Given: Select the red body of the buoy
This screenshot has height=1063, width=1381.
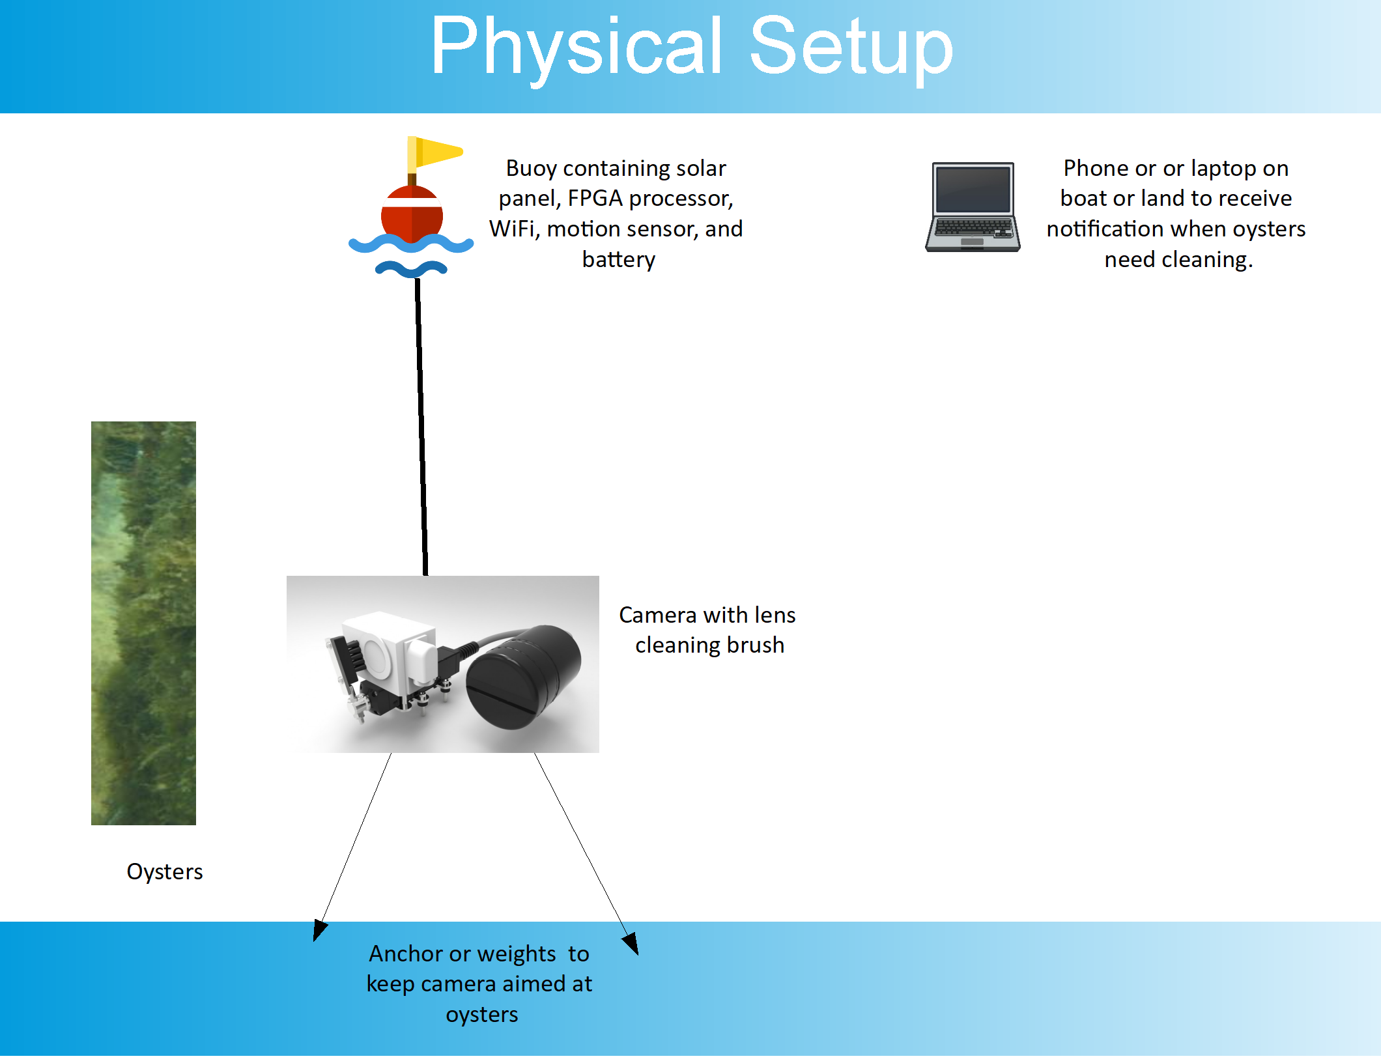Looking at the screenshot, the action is (412, 215).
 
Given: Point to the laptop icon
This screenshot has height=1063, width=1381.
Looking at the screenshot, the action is (973, 206).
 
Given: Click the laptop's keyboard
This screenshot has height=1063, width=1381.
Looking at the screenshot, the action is (973, 228).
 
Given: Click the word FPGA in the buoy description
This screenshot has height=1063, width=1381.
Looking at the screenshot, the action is (595, 198).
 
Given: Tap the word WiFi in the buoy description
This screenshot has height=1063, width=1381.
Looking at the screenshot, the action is (513, 229).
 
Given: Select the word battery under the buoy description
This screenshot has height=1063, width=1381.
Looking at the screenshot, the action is (619, 259).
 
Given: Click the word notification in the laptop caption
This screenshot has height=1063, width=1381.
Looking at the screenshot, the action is (1105, 229).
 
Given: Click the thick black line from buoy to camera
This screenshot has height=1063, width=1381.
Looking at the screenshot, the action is (421, 427).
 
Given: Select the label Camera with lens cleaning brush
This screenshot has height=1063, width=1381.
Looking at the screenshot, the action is (708, 630).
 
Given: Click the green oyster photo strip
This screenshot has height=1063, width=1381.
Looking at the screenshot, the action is (143, 623).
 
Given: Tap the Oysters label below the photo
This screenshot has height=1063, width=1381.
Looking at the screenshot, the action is (165, 872).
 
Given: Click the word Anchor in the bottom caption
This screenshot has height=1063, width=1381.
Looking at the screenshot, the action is (406, 954).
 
